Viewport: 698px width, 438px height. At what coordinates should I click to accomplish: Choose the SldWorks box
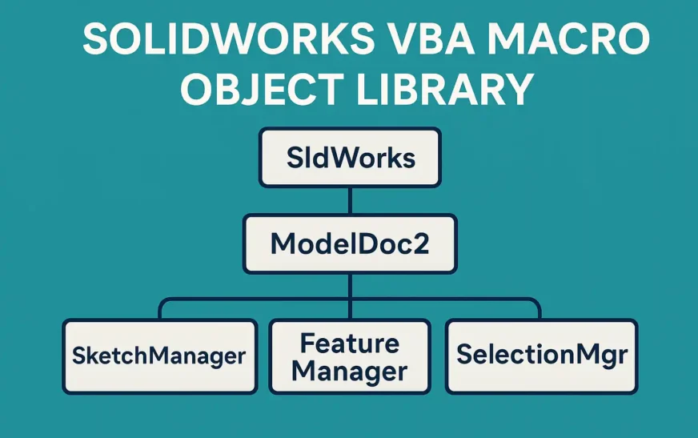tap(350, 157)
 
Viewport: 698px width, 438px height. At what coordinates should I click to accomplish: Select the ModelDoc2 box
tap(350, 243)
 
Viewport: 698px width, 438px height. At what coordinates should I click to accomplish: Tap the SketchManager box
tap(159, 356)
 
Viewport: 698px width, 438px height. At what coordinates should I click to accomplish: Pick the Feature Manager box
tap(349, 356)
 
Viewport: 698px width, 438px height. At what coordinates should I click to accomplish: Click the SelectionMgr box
tap(541, 356)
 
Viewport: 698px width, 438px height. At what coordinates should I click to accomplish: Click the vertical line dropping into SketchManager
tap(162, 310)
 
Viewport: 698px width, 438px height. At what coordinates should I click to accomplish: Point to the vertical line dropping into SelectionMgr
tap(540, 310)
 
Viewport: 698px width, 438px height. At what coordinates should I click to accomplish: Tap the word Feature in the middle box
tap(349, 343)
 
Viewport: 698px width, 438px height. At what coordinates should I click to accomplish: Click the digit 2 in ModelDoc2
tap(419, 243)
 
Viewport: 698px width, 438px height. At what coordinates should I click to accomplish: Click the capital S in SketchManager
tap(78, 356)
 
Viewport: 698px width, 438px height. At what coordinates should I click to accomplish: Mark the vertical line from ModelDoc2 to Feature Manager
tap(350, 296)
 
